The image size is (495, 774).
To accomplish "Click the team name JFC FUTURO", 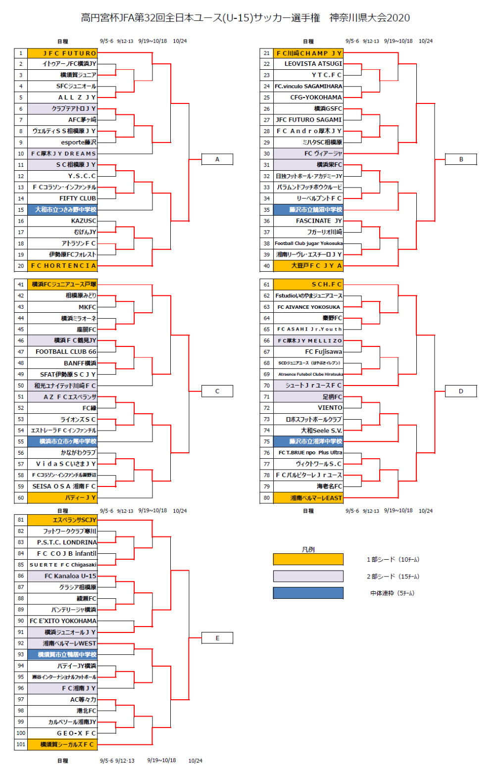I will [62, 53].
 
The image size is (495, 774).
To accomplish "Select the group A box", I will [217, 159].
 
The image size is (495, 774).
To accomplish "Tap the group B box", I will [461, 159].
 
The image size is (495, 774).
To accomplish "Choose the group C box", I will [217, 391].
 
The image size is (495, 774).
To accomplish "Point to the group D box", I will [461, 391].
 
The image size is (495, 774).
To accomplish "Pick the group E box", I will [217, 638].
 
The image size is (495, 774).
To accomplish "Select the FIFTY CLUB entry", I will [78, 198].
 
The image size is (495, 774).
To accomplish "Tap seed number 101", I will [21, 744].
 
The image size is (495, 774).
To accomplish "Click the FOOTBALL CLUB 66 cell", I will [66, 352].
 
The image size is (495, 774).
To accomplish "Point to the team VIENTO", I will [330, 408].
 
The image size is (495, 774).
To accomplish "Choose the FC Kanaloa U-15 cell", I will [70, 576].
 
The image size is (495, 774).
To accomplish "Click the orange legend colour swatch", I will [308, 560].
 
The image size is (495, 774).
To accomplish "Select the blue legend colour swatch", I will [308, 593].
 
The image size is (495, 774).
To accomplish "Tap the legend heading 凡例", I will [308, 549].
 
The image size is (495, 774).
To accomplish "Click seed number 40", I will [267, 266].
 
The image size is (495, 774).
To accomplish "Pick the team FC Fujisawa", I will [323, 352].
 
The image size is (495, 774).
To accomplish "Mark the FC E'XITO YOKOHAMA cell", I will [63, 621].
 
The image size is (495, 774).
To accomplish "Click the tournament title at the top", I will [246, 18].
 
